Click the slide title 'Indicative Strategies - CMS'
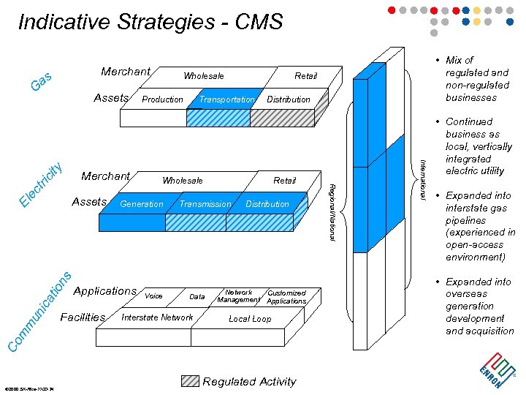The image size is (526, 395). point(150,22)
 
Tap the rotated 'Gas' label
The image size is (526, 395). point(41,81)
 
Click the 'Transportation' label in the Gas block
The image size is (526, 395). point(226,99)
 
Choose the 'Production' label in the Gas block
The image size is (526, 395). point(162,99)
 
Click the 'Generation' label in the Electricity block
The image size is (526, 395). point(142,204)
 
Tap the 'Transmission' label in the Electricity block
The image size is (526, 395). point(205,204)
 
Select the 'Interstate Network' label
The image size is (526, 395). point(157,317)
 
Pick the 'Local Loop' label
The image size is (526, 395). point(250,319)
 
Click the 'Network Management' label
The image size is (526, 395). point(238,296)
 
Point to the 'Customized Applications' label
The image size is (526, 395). point(286,297)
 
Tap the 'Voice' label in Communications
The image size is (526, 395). point(153,296)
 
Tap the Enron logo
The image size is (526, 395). point(494,368)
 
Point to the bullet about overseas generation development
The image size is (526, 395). point(479,306)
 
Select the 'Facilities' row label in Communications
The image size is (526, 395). point(83,317)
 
